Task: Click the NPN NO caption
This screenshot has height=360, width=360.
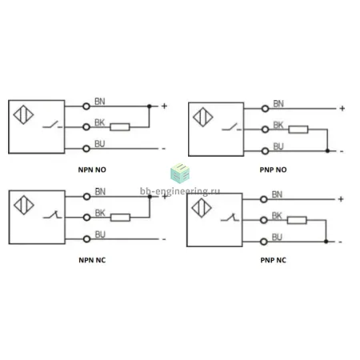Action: [x=92, y=170]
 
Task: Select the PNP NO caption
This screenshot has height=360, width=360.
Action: [x=273, y=170]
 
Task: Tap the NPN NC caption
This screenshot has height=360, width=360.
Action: [x=92, y=260]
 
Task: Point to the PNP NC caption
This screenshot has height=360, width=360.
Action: [x=273, y=260]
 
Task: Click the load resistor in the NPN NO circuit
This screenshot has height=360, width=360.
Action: [x=120, y=127]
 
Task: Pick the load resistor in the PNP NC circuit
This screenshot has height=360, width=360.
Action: [x=297, y=220]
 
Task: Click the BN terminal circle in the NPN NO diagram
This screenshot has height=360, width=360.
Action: [x=86, y=106]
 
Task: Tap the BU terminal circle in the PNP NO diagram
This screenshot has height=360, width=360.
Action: [x=265, y=151]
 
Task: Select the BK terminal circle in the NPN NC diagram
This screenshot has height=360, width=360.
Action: [x=86, y=218]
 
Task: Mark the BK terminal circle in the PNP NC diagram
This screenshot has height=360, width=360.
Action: [x=263, y=220]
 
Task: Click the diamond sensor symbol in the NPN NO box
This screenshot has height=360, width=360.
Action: [x=23, y=114]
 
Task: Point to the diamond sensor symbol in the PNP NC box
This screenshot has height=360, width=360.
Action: [x=202, y=208]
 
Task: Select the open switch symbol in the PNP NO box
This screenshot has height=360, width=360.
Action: [x=231, y=127]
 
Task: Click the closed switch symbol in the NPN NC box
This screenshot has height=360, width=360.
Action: [x=52, y=215]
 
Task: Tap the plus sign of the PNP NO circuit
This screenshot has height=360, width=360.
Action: [x=342, y=109]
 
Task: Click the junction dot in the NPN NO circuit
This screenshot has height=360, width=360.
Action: [x=150, y=106]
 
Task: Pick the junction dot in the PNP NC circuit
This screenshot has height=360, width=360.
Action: [x=326, y=242]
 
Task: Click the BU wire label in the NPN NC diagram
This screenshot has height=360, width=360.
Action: [x=100, y=234]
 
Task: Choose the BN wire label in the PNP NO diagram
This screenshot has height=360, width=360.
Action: [x=278, y=104]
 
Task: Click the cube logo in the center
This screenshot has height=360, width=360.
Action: [x=180, y=174]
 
